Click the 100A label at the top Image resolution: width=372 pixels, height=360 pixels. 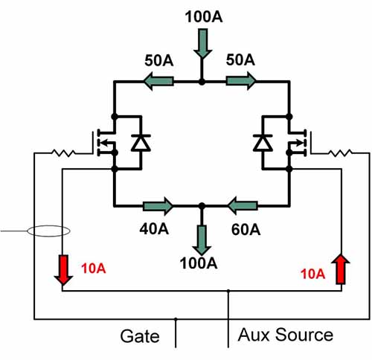[x=204, y=17]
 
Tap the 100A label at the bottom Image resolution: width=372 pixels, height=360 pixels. [x=199, y=263]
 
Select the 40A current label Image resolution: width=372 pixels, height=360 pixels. [x=154, y=228]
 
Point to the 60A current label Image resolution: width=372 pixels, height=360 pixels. [x=246, y=230]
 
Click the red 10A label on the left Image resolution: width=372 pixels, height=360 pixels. [x=94, y=269]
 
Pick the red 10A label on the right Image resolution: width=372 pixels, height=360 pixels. [x=312, y=274]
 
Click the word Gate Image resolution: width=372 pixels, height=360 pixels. [x=140, y=336]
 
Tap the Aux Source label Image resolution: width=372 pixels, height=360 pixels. [x=286, y=335]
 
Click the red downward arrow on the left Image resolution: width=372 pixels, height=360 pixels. [x=63, y=270]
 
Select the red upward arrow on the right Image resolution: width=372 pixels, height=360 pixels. [x=341, y=269]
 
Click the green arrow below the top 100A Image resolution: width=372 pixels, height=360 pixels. [x=203, y=44]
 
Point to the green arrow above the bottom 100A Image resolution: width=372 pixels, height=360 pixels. [x=202, y=240]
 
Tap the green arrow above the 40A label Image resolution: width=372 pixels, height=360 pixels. [x=158, y=206]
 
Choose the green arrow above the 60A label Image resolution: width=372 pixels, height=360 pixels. [x=243, y=206]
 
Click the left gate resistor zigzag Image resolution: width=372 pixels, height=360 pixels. [x=63, y=153]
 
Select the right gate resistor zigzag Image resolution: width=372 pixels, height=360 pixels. [x=341, y=153]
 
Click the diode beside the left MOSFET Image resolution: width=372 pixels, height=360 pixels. [x=141, y=143]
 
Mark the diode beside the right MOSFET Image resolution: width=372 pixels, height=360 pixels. [x=263, y=143]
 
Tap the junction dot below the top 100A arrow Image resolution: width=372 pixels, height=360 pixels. [x=202, y=82]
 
